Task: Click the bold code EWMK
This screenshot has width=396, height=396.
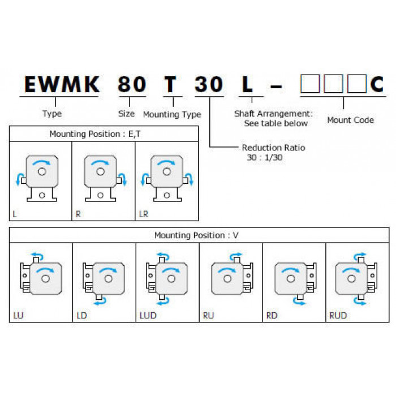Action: tap(62, 84)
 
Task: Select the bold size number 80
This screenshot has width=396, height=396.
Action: tap(132, 84)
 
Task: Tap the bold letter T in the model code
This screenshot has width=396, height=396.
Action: tap(170, 84)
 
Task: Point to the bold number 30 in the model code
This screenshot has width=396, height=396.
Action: tap(209, 84)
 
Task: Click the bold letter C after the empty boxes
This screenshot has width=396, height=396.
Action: tap(377, 84)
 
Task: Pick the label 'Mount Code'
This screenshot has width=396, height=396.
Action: tap(351, 120)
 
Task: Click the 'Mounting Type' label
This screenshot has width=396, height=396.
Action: tap(172, 114)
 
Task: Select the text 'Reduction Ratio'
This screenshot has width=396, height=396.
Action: tap(273, 148)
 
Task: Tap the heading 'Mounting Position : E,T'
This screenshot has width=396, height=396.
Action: tap(95, 134)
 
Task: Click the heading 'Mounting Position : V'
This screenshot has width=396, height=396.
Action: tap(196, 235)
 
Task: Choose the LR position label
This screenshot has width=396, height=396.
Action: tap(144, 214)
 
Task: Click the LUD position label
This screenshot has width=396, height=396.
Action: tap(148, 316)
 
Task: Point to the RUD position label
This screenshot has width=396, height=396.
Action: tap(338, 316)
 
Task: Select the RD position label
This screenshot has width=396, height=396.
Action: tap(272, 316)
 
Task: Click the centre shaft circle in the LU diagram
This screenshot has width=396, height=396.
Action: tap(45, 279)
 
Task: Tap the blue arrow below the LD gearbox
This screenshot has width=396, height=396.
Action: tap(100, 301)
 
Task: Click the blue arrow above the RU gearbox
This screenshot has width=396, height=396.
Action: tap(236, 256)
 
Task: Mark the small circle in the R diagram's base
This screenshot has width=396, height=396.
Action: tap(101, 195)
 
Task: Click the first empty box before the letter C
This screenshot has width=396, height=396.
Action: tap(310, 84)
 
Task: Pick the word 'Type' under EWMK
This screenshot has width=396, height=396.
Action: tap(52, 114)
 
